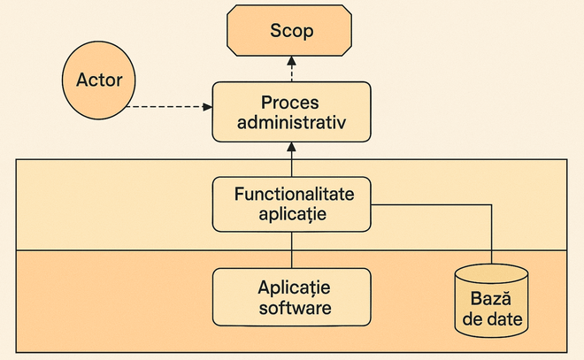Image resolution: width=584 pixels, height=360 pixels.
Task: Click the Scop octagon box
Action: [x=289, y=31]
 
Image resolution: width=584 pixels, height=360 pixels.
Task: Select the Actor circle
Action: [x=99, y=80]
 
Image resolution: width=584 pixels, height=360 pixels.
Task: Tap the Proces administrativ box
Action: [x=291, y=111]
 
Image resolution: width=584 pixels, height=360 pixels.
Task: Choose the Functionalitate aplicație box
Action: [x=291, y=204]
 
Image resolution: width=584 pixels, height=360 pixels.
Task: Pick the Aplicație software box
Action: [x=291, y=297]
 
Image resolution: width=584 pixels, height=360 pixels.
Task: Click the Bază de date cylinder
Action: [x=491, y=301]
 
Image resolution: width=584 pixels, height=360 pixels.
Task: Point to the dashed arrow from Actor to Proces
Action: [x=170, y=107]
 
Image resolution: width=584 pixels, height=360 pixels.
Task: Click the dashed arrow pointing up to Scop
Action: [x=292, y=69]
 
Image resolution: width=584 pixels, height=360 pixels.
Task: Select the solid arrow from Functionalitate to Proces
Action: [x=292, y=159]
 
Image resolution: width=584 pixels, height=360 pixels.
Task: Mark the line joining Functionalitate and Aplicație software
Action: [x=292, y=249]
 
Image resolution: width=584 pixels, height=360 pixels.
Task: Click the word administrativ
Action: [x=291, y=122]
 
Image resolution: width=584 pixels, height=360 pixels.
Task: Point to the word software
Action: [x=295, y=308]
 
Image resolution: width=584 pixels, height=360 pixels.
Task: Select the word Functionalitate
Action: [x=295, y=194]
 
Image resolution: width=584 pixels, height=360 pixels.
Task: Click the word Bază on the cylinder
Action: [x=490, y=298]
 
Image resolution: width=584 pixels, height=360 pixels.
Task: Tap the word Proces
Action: [x=289, y=103]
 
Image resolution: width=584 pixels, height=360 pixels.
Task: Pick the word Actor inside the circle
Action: [x=99, y=80]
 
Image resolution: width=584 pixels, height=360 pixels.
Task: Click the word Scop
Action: [x=292, y=31]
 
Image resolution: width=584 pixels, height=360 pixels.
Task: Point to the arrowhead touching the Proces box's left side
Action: [x=208, y=107]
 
